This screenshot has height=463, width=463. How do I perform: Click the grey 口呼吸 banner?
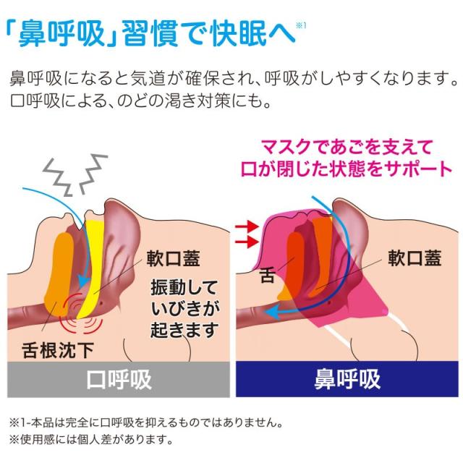pyautogui.click(x=119, y=379)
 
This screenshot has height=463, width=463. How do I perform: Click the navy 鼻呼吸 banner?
pyautogui.click(x=347, y=379)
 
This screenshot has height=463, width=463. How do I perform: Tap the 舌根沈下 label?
pyautogui.click(x=58, y=350)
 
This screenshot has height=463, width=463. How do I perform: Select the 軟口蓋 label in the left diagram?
pyautogui.click(x=174, y=259)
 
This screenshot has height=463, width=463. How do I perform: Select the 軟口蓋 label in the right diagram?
pyautogui.click(x=415, y=258)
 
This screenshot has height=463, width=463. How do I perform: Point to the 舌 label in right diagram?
pyautogui.click(x=267, y=275)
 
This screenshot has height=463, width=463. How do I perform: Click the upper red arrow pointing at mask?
pyautogui.click(x=247, y=226)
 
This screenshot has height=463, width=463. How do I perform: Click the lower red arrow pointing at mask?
pyautogui.click(x=247, y=242)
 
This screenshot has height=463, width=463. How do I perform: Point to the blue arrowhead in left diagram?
pyautogui.click(x=84, y=280)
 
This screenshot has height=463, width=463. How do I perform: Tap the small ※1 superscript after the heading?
pyautogui.click(x=301, y=26)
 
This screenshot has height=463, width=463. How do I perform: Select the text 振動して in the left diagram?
pyautogui.click(x=184, y=287)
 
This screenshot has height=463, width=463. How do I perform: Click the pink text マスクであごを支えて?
pyautogui.click(x=347, y=147)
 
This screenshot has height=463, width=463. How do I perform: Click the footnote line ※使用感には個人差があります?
pyautogui.click(x=91, y=440)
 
